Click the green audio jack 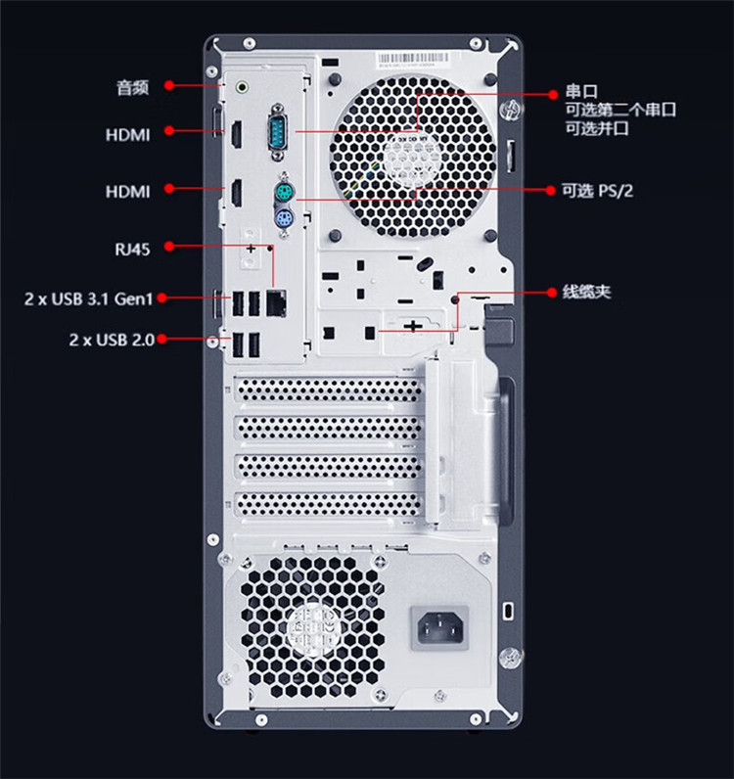(x=242, y=87)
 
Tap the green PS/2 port (x=284, y=192)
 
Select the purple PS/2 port (x=284, y=218)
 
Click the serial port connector (x=278, y=132)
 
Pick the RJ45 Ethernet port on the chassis (x=276, y=302)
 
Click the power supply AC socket (x=439, y=628)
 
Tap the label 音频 (x=133, y=87)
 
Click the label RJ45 (x=132, y=249)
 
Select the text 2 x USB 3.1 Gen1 (x=88, y=298)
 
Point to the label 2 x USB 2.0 (x=112, y=340)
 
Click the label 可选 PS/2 (x=597, y=190)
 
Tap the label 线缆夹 (x=586, y=292)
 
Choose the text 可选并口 (x=597, y=128)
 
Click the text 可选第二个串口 (x=620, y=110)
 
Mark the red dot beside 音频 (x=169, y=85)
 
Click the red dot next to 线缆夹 (x=551, y=292)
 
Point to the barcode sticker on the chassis (x=413, y=59)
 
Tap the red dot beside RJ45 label (x=169, y=246)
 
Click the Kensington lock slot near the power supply (x=508, y=611)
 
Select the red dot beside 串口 (x=553, y=94)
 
